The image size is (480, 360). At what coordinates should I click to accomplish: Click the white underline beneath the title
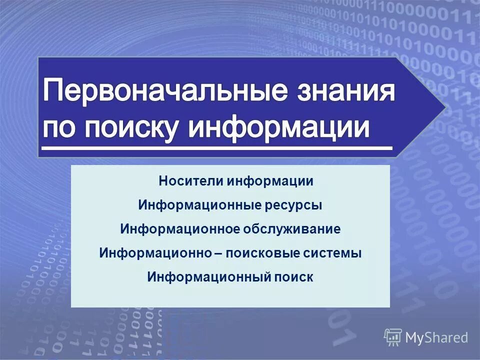click(216, 148)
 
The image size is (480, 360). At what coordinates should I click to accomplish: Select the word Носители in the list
click(191, 181)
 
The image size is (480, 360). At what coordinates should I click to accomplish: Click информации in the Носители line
click(270, 181)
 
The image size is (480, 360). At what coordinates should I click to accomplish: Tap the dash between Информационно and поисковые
click(218, 253)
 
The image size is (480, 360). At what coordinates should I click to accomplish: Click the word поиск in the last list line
click(293, 277)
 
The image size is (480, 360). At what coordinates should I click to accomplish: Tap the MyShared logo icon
click(392, 337)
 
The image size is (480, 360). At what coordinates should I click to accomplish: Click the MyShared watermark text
click(436, 338)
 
